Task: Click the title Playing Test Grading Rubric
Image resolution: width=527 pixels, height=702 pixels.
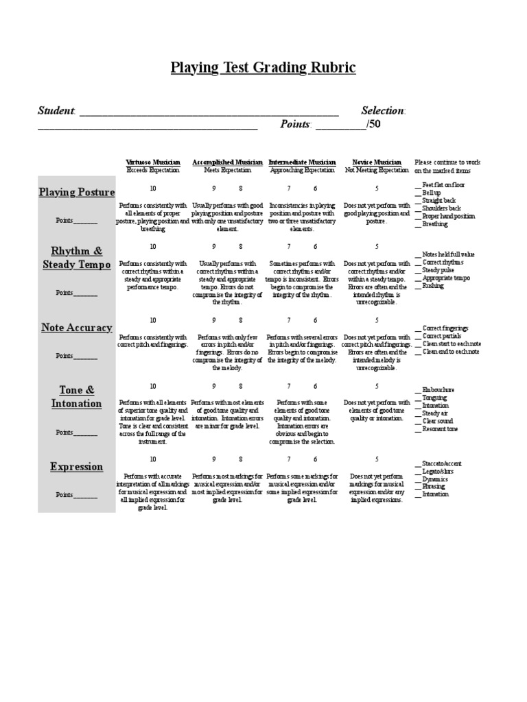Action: pos(263,68)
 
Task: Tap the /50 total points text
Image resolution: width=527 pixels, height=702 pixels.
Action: pos(374,124)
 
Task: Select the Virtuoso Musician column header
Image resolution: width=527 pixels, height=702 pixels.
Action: pos(152,162)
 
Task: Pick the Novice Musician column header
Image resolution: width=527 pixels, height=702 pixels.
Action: pos(376,162)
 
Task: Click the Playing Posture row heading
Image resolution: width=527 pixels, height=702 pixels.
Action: pos(76,192)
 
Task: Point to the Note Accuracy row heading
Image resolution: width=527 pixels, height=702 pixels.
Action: pos(76,328)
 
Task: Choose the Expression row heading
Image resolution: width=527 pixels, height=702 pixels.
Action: pos(76,467)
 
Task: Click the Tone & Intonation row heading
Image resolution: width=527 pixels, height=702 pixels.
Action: pos(76,397)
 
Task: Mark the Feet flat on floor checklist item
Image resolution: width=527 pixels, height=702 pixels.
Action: pos(443,185)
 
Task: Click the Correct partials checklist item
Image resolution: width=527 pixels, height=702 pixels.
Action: pos(443,336)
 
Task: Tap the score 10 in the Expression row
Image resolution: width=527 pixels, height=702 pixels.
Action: pos(152,459)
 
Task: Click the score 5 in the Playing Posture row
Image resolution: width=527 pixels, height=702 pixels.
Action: pos(376,188)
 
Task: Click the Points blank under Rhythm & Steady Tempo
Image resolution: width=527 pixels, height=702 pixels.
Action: pos(86,293)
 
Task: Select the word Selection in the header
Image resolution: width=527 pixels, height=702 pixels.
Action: pos(383,111)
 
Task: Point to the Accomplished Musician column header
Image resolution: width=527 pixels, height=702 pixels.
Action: pos(227,162)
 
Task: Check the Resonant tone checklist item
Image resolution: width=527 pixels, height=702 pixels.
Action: pos(440,429)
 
